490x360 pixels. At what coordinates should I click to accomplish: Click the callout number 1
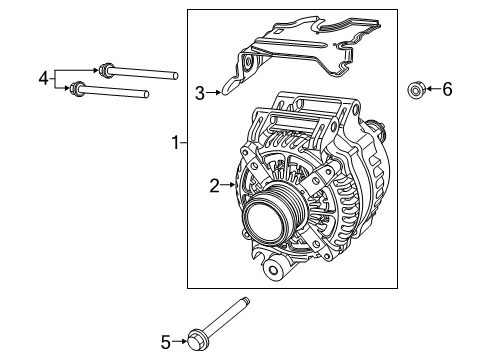pos(176,144)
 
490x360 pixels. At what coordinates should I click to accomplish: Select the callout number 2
pos(214,184)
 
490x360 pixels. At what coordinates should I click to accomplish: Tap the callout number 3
pos(200,93)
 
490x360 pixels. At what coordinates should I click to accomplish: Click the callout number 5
pos(166,342)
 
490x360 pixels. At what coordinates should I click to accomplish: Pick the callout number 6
pos(447,90)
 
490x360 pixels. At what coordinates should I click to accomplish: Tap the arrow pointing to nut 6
pos(431,90)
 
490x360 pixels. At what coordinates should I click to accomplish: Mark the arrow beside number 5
pos(180,342)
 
